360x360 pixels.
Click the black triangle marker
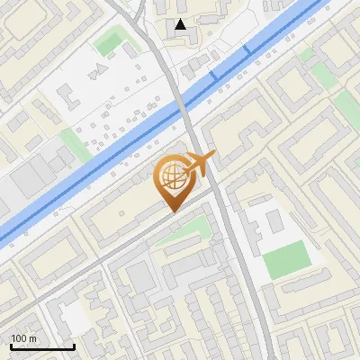click(182, 24)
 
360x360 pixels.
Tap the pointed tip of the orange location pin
click(172, 211)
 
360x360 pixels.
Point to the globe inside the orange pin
click(171, 177)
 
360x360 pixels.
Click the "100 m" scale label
click(24, 337)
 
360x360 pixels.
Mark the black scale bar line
click(42, 346)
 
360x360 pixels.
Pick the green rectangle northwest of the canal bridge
click(110, 41)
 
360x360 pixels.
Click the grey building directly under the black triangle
click(185, 40)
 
